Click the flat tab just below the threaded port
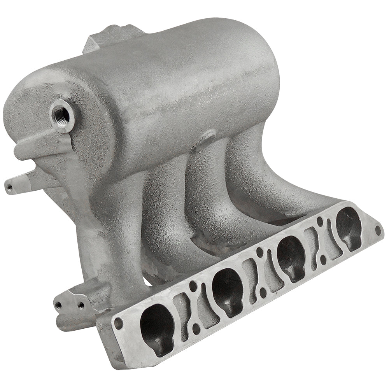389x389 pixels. (x=37, y=150)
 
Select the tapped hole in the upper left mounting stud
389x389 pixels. (x=9, y=188)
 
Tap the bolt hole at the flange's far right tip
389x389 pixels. (x=378, y=230)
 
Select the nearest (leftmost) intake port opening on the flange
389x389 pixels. (x=156, y=329)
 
